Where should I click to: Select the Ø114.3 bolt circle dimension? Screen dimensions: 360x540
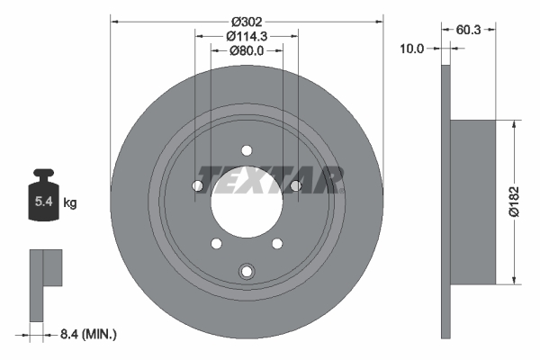247,36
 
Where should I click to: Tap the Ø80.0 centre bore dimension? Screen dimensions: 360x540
247,51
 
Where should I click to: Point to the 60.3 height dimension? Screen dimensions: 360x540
468,30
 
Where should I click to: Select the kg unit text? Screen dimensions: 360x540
70,203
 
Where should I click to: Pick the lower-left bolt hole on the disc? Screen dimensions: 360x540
215,242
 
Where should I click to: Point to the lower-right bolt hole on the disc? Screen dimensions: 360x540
276,242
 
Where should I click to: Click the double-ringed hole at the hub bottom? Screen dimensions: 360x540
246,271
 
